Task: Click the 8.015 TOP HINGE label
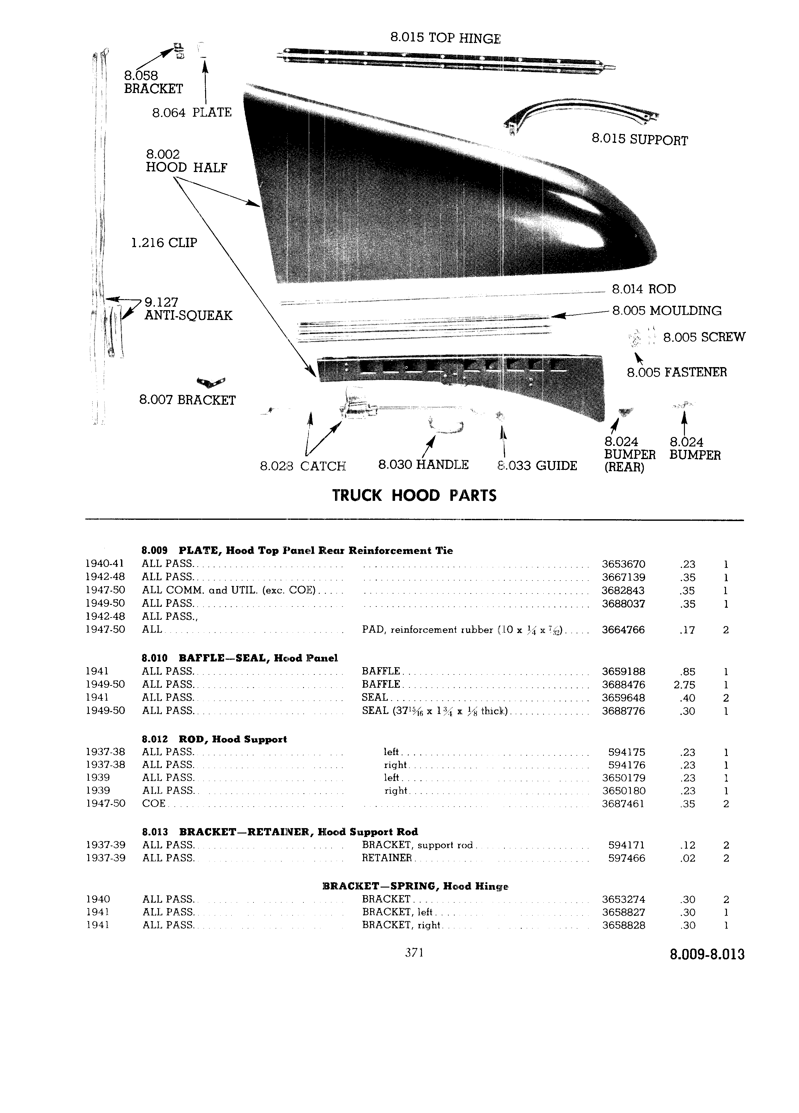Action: [x=445, y=38]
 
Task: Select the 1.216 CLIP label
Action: [x=164, y=243]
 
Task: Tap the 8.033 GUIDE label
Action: [x=537, y=465]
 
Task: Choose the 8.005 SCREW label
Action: [x=704, y=337]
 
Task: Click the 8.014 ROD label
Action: [x=643, y=289]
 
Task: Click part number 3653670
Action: [x=623, y=564]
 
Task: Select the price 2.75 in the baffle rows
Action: [x=685, y=685]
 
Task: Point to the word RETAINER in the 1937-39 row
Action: [x=387, y=858]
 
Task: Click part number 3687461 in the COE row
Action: [x=623, y=804]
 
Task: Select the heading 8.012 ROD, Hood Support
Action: [x=214, y=739]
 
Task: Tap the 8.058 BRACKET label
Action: [x=153, y=82]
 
